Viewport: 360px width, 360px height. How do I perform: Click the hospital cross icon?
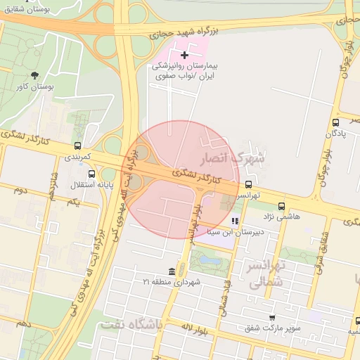point(185,55)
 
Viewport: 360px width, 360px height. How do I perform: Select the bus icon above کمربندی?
point(77,146)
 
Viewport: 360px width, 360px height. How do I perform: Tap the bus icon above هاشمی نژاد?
point(281,206)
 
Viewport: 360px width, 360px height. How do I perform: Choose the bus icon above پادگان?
point(335,122)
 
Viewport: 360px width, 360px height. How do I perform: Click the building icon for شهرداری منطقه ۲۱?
point(172,271)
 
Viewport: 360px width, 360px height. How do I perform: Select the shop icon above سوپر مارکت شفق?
point(272,318)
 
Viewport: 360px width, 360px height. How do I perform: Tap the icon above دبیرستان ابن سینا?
point(235,221)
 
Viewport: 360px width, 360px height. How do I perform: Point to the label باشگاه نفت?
point(131,325)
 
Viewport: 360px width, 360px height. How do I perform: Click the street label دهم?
point(24,323)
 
